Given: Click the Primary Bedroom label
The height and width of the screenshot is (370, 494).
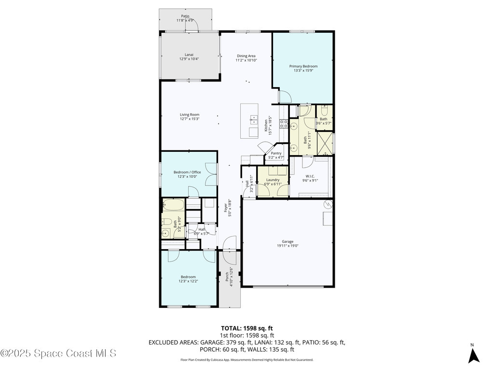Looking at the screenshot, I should [x=303, y=66].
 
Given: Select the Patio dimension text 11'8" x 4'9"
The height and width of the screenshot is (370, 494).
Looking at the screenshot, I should [x=185, y=20].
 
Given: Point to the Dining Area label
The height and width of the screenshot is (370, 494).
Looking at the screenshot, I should [x=246, y=56].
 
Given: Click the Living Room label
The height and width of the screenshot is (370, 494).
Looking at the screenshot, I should [x=190, y=115].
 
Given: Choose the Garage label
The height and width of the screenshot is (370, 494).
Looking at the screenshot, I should [x=288, y=241].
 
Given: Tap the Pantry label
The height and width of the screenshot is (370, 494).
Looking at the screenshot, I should [x=276, y=153].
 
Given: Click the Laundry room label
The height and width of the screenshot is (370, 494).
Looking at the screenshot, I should [x=273, y=180].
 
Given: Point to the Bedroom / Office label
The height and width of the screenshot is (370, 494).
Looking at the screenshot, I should [x=187, y=172].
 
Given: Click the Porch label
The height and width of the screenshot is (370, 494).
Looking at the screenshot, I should [x=227, y=277].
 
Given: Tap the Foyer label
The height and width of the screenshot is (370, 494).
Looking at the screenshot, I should [x=225, y=208].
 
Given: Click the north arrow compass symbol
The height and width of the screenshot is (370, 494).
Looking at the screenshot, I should [x=474, y=356].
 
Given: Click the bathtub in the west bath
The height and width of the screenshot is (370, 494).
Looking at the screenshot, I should [x=174, y=206].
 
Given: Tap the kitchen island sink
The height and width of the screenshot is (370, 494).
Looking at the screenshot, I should [x=253, y=118].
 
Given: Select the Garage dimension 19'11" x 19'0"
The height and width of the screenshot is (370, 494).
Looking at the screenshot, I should [x=288, y=246].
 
